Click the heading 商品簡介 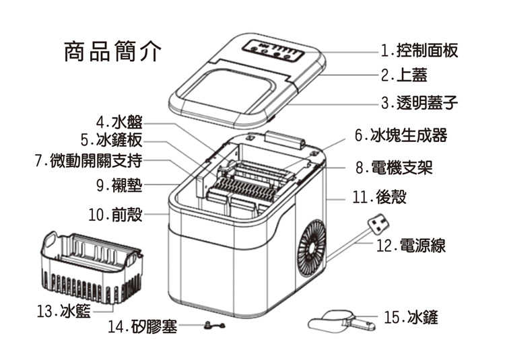tap(112, 52)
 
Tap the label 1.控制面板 tap(419, 50)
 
